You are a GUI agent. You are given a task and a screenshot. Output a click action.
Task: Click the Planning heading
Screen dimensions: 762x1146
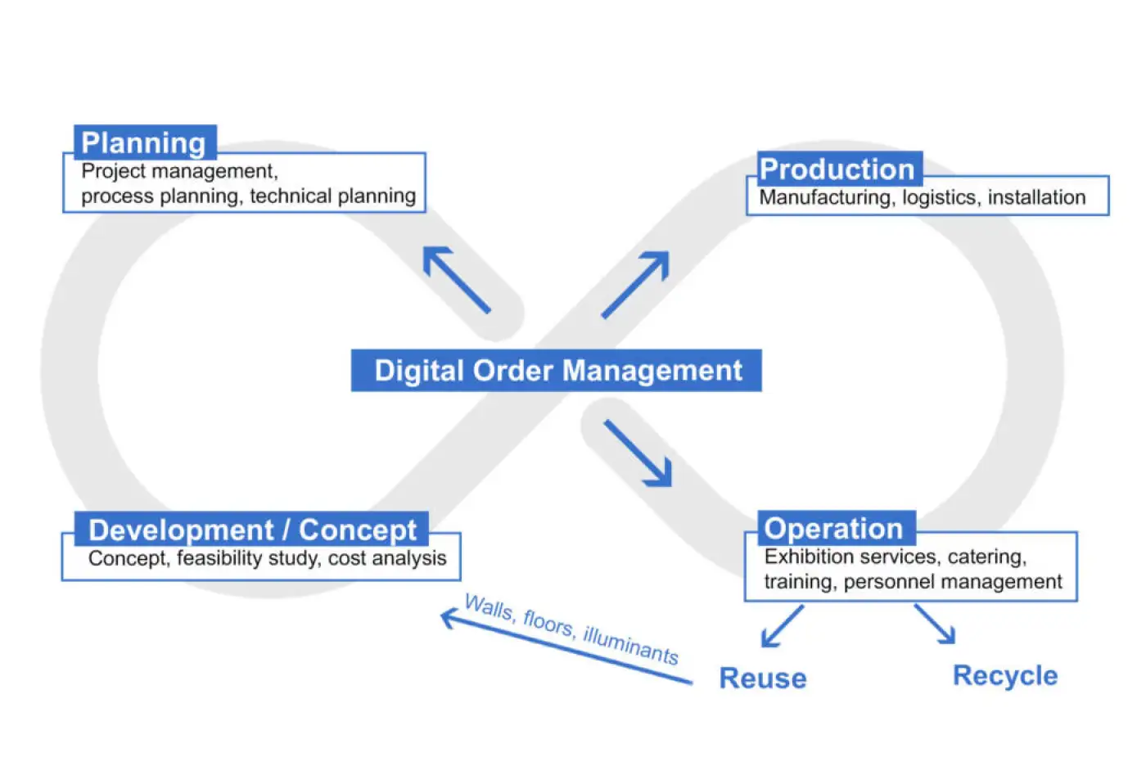point(144,143)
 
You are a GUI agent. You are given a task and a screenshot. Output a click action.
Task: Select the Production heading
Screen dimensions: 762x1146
point(837,169)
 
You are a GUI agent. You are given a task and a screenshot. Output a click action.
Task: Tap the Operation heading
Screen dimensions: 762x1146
point(833,529)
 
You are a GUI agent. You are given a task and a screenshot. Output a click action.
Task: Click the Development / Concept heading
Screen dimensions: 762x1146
point(252,530)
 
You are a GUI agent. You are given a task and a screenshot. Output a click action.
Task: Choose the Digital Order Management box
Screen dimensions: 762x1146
point(557,371)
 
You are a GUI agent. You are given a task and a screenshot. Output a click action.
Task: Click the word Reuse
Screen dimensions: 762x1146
point(763,679)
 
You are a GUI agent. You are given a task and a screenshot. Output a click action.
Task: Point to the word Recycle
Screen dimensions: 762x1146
point(1005,676)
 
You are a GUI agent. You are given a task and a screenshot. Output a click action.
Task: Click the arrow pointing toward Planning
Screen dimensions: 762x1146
point(457,280)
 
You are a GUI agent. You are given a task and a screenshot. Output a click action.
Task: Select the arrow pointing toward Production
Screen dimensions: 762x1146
point(636,284)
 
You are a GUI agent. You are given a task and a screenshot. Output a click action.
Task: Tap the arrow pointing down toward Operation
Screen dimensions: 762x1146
point(638,453)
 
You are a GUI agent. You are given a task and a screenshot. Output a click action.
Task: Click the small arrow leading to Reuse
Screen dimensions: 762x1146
point(782,627)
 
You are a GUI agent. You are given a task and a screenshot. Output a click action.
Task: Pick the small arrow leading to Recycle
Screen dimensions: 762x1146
point(935,624)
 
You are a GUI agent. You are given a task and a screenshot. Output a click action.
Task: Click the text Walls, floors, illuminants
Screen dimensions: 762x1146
point(571,629)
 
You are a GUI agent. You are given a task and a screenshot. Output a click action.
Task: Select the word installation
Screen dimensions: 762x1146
point(1036,198)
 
